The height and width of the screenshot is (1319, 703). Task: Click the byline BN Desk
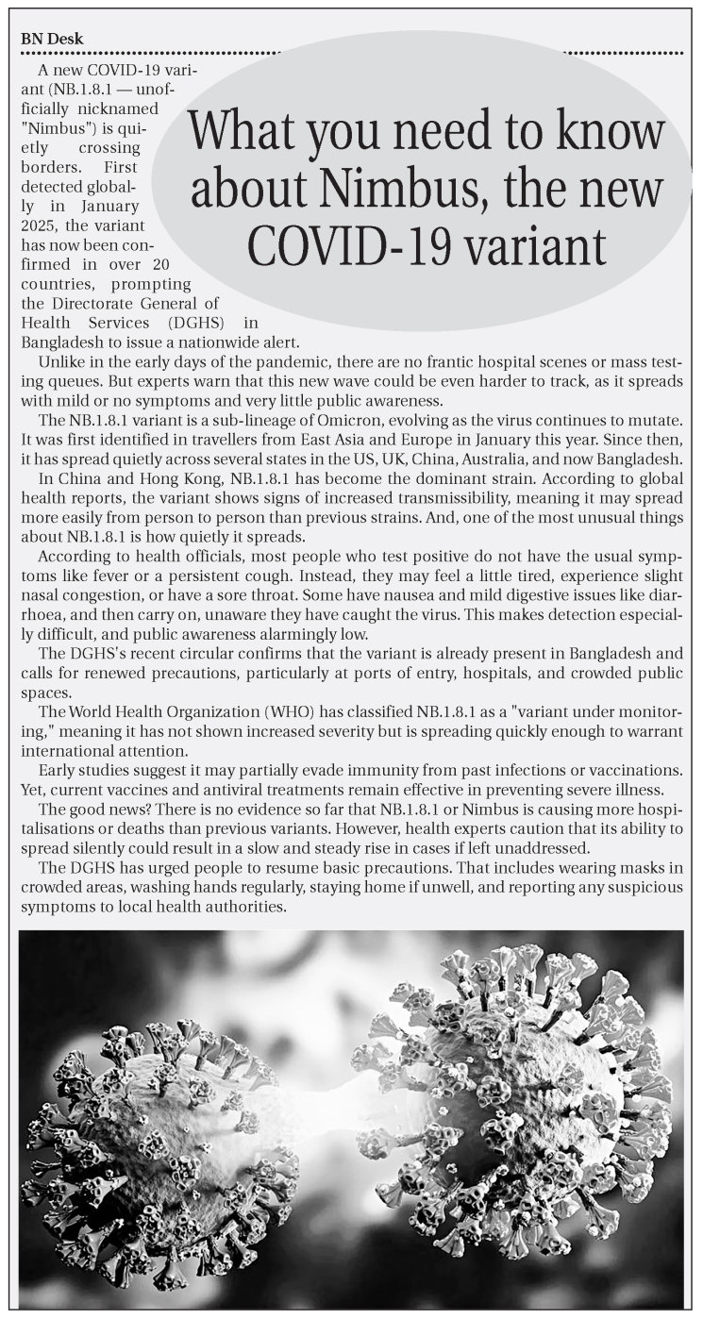[x=52, y=39]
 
